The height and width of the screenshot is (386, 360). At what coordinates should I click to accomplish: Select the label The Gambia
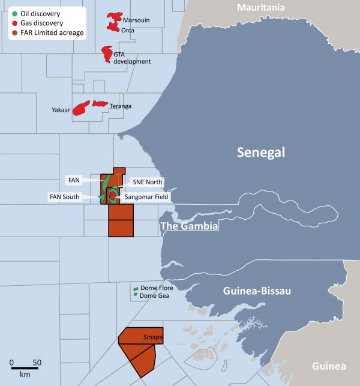(188, 226)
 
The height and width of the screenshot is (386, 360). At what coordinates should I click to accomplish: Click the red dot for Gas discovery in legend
(14, 23)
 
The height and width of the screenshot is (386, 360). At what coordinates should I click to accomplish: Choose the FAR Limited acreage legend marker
(14, 32)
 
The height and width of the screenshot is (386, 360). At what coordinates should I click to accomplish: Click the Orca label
(127, 29)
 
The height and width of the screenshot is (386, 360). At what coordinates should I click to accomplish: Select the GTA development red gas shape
(107, 53)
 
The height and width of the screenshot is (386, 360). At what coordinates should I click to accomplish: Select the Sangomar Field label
(146, 196)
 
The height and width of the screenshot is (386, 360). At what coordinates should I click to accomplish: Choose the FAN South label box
(64, 196)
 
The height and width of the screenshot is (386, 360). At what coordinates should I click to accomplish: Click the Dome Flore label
(157, 289)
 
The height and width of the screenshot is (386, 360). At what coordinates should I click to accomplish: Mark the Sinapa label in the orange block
(154, 338)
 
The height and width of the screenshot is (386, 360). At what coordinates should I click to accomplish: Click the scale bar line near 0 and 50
(24, 368)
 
